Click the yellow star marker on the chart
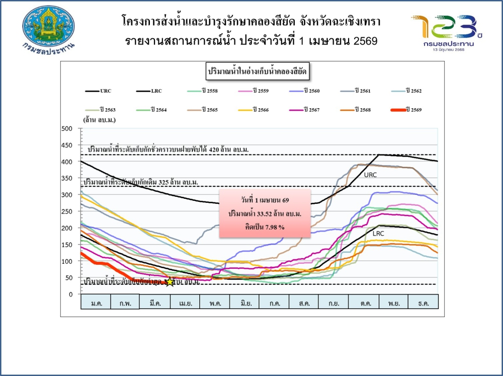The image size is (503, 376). tap(170, 281)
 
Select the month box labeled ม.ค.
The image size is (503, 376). tap(96, 304)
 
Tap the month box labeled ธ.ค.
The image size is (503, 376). tap(423, 304)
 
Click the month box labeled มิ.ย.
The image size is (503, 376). tap(244, 304)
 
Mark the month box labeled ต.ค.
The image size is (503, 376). tap(364, 304)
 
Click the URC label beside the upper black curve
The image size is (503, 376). tap(371, 175)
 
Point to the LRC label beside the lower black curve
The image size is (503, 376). tap(379, 234)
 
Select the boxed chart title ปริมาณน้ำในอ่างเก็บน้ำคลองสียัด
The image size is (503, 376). tap(258, 72)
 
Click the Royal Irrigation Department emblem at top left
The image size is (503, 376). tap(49, 28)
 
